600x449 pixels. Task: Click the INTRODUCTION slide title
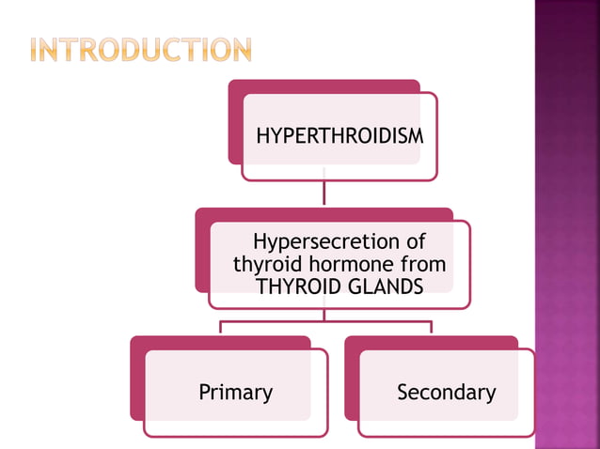[x=140, y=50]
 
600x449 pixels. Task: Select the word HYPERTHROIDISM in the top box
[x=339, y=136]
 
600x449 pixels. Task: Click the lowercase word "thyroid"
[x=265, y=265]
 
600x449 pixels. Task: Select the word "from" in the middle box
[x=422, y=265]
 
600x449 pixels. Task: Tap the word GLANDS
[x=383, y=286]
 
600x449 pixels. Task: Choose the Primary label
[x=235, y=392]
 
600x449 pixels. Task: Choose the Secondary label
[x=446, y=392]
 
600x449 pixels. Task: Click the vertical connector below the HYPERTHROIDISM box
[x=324, y=194]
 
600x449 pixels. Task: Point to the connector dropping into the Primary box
[x=221, y=328]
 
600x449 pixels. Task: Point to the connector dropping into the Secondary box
[x=432, y=328]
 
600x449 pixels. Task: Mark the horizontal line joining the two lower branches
[x=325, y=321]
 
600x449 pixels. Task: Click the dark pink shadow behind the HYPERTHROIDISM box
[x=234, y=122]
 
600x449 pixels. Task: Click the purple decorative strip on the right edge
[x=567, y=225]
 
